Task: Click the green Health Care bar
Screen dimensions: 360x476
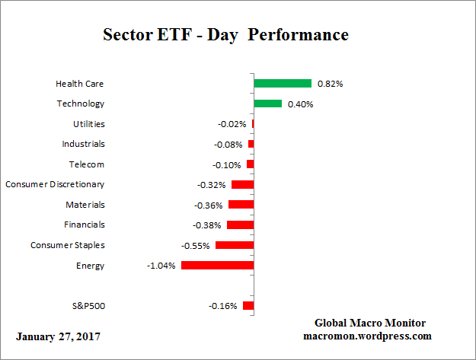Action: point(283,83)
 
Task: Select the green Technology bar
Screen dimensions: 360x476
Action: point(267,104)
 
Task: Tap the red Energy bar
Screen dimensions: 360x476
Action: point(217,266)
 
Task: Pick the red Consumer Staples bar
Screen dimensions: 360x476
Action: point(235,245)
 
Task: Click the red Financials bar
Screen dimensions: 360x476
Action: point(240,225)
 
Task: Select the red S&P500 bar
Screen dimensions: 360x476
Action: point(248,306)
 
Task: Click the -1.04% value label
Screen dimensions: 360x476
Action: point(162,266)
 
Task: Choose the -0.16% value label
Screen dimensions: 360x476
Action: point(223,306)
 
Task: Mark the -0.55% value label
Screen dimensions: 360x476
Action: point(196,246)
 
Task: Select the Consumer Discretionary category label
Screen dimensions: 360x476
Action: point(55,184)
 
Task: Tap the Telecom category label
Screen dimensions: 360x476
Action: point(85,164)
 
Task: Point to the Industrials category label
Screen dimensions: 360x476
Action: point(83,144)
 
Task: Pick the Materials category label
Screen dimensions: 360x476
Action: point(85,205)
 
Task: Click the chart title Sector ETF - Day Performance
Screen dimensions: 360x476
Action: point(225,36)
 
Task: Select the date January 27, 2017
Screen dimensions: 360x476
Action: point(57,336)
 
